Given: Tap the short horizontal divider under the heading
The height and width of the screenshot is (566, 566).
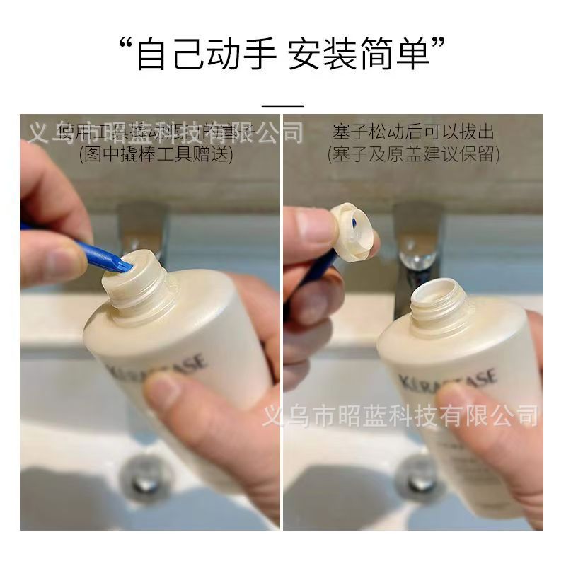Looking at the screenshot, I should pos(282,105).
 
